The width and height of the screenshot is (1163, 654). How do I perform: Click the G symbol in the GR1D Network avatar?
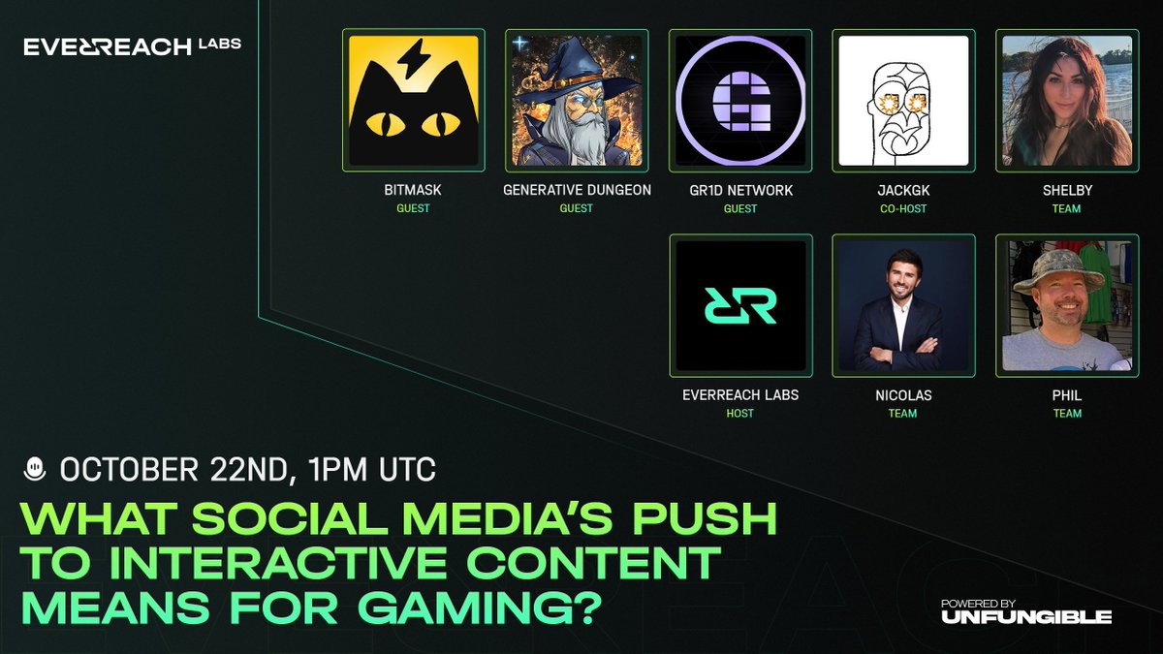739,101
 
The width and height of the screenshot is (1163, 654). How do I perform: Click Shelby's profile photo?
1066,100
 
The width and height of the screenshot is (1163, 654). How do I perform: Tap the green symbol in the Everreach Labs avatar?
739,305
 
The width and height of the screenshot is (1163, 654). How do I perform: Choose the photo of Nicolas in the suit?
903,305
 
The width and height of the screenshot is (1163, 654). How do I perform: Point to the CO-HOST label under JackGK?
903,208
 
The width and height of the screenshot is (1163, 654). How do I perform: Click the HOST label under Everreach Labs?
739,414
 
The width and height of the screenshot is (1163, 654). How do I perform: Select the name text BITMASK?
414,191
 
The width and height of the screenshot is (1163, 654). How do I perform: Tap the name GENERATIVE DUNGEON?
576,191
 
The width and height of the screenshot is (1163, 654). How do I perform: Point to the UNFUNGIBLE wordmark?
1025,616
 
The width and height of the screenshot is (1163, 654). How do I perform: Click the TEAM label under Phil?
1066,414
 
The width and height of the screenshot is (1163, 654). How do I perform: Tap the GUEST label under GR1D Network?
739,208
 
